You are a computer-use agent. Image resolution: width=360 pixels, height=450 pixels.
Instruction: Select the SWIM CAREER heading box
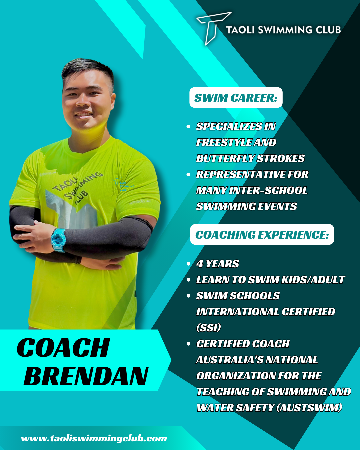(236, 97)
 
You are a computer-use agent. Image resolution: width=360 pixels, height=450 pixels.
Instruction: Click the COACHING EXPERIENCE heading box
(262, 234)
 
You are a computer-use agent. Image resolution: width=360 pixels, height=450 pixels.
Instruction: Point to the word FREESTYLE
(223, 142)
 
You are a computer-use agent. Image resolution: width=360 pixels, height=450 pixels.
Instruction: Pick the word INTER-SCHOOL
(268, 190)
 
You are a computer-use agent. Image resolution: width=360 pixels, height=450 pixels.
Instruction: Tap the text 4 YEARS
(218, 264)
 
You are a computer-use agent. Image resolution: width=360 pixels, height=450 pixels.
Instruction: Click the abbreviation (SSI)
(209, 327)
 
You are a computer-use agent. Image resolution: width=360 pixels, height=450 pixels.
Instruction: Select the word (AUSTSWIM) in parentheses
(309, 408)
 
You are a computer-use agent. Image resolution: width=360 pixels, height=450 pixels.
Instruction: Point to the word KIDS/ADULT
(313, 280)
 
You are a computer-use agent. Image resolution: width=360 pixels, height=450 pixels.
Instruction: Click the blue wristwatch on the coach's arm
(58, 240)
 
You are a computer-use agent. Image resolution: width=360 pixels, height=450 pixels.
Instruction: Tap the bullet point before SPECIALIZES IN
(188, 126)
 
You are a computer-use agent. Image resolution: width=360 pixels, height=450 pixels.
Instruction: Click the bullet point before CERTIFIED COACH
(188, 344)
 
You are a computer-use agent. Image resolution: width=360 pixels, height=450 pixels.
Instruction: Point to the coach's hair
(88, 69)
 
